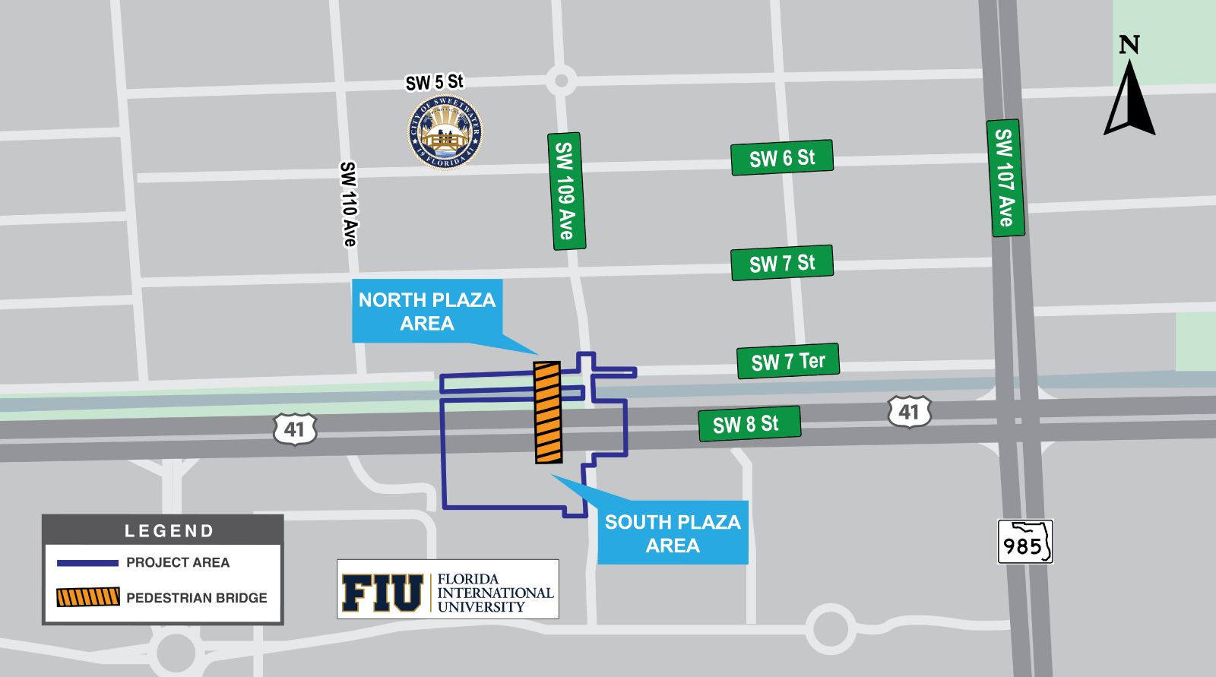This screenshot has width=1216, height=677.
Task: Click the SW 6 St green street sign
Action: [782, 158]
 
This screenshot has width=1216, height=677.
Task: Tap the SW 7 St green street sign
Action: [782, 263]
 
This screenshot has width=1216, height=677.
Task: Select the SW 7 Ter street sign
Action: [788, 361]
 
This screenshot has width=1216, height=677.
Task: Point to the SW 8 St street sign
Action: [749, 423]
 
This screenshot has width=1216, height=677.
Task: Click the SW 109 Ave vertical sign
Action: [566, 191]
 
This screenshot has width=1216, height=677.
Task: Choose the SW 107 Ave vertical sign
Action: [1005, 178]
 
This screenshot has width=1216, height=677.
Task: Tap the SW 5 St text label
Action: [434, 82]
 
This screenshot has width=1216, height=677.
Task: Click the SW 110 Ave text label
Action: [348, 204]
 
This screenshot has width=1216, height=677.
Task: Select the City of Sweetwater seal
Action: [445, 132]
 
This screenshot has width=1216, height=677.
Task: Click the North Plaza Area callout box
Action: [427, 312]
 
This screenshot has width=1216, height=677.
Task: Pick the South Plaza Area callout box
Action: [673, 533]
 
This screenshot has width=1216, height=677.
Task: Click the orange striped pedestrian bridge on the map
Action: [547, 413]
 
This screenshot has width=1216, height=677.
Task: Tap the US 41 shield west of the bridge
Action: [294, 429]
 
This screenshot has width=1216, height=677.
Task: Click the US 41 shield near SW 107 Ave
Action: [909, 412]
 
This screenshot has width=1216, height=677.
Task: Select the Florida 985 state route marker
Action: [1025, 542]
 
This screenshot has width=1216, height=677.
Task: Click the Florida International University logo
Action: [448, 590]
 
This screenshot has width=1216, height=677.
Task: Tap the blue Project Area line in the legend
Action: [87, 563]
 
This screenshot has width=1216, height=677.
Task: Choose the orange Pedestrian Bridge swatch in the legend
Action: [88, 597]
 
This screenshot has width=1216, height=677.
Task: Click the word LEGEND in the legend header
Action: [169, 531]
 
